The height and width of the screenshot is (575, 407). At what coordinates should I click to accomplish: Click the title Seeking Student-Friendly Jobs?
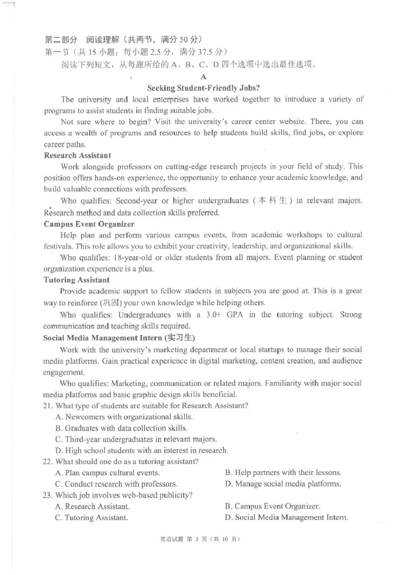(x=203, y=87)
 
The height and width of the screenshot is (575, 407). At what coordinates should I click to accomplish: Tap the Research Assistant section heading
(x=77, y=155)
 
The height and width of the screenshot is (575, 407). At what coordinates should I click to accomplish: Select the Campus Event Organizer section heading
(x=89, y=224)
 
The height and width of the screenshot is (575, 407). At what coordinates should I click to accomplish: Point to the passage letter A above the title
(x=203, y=77)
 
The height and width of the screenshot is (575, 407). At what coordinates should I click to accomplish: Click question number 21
(x=47, y=406)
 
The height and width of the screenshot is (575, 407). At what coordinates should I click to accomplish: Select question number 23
(x=47, y=496)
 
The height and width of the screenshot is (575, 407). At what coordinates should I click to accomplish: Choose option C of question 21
(x=136, y=439)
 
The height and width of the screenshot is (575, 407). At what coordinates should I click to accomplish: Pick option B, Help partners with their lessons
(x=283, y=473)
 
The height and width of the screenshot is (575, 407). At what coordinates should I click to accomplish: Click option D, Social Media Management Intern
(x=286, y=518)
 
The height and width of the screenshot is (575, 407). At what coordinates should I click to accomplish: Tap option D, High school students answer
(x=141, y=450)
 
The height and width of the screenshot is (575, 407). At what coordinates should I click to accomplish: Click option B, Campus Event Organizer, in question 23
(x=273, y=506)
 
